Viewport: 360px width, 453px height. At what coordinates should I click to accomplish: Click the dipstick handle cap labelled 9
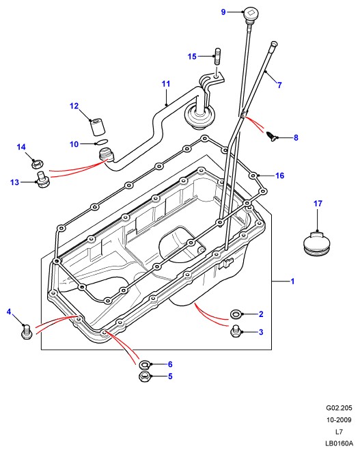tap(250, 14)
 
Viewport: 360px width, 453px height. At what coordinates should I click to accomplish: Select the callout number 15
tap(192, 56)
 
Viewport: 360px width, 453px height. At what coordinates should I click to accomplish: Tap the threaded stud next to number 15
tap(218, 56)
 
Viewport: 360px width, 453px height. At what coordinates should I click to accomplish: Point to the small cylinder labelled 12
tap(98, 126)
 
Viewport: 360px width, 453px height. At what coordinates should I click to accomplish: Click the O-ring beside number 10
tap(101, 142)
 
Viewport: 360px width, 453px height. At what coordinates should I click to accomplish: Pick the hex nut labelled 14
tap(38, 164)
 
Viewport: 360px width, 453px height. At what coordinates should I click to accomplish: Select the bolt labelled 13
tap(43, 180)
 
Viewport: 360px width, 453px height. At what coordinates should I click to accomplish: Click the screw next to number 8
tap(272, 137)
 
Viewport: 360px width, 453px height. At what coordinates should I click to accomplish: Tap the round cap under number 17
tap(317, 243)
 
